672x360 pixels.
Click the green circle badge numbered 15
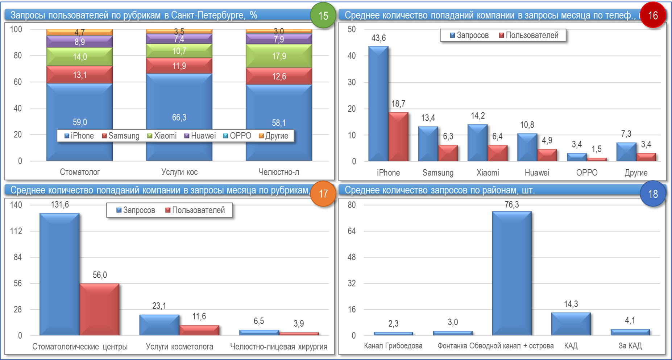pyautogui.click(x=323, y=16)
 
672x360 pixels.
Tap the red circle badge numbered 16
pyautogui.click(x=653, y=16)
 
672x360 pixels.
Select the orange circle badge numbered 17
pyautogui.click(x=323, y=194)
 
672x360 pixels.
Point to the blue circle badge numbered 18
pyautogui.click(x=653, y=194)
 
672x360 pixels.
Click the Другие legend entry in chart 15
pyautogui.click(x=274, y=136)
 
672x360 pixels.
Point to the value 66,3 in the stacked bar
pyautogui.click(x=179, y=117)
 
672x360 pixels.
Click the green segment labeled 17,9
pyautogui.click(x=279, y=56)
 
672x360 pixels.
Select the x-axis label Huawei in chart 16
pyautogui.click(x=537, y=173)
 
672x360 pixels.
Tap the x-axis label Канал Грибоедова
pyautogui.click(x=393, y=346)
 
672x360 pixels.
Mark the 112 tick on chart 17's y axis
pyautogui.click(x=16, y=231)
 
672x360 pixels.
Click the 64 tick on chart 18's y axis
pyautogui.click(x=352, y=231)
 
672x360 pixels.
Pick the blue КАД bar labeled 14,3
pyautogui.click(x=571, y=324)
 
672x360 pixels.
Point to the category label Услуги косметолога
pyautogui.click(x=179, y=347)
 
